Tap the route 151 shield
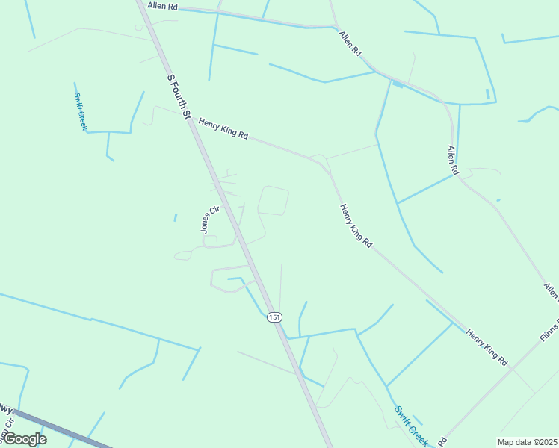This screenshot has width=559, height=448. [x=275, y=317]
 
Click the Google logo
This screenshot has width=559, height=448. [x=25, y=439]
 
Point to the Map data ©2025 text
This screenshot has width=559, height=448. [x=526, y=442]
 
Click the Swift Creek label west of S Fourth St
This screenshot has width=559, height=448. [x=81, y=111]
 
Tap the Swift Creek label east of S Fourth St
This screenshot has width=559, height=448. [x=411, y=426]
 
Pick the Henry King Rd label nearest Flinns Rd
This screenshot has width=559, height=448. [x=487, y=346]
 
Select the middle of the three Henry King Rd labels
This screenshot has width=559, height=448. [x=356, y=225]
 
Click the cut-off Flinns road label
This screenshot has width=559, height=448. [x=549, y=337]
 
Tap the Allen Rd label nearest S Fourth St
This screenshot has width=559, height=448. [x=163, y=6]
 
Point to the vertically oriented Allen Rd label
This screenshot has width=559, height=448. [x=452, y=160]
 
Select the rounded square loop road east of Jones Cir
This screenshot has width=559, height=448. [x=273, y=200]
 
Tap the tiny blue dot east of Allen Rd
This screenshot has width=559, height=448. [x=498, y=200]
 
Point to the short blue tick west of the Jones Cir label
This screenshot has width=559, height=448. [x=175, y=218]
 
